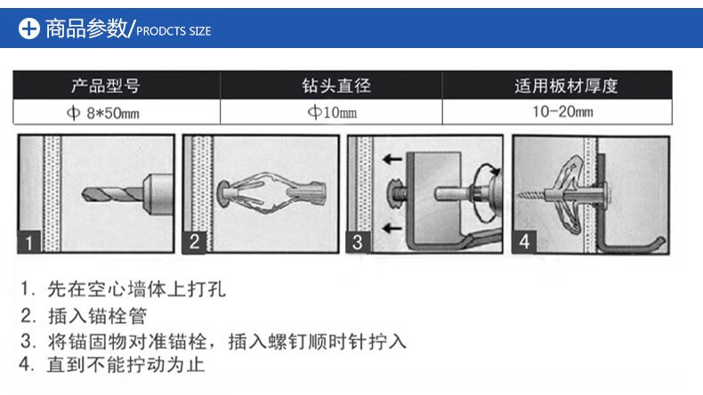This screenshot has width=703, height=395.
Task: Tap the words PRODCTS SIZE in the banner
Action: point(174,31)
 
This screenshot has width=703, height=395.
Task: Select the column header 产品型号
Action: point(105,86)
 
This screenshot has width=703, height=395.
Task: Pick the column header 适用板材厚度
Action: point(565,86)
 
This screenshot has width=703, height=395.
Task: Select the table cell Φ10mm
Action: point(332,113)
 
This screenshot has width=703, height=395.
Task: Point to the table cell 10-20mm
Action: point(563,112)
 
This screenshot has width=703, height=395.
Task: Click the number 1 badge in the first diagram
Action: point(29,241)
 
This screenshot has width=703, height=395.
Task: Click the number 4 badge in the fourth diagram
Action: point(523,241)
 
